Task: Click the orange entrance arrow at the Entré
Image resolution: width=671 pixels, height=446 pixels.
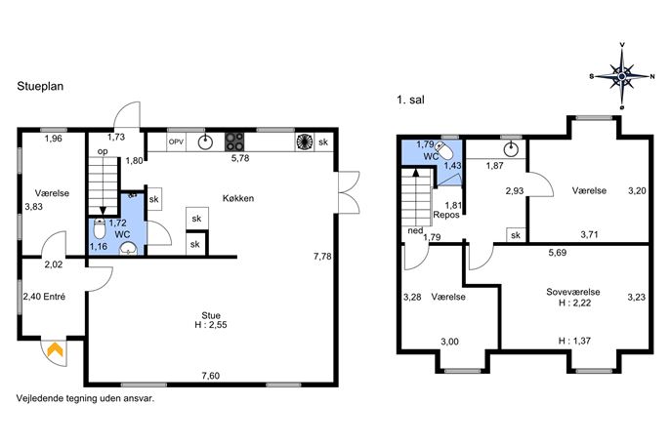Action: tap(56, 349)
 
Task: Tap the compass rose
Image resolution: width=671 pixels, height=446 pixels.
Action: tap(622, 76)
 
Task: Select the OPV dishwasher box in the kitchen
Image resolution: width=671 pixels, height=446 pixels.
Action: tap(176, 142)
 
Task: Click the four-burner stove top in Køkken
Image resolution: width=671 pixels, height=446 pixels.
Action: tap(234, 142)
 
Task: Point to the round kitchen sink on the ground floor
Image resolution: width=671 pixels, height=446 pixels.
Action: tap(206, 142)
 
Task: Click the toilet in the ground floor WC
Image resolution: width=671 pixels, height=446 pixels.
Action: tap(100, 229)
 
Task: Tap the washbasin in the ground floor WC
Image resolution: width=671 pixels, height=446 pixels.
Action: tap(128, 249)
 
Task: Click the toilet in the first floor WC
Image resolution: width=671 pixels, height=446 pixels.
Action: tap(444, 150)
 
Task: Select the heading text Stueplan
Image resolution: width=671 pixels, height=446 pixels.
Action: tap(40, 87)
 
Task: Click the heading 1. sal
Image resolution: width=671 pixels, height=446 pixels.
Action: tap(411, 101)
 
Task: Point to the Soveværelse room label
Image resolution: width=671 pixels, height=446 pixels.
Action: tap(573, 292)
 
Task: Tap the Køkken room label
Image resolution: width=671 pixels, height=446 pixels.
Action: tap(238, 198)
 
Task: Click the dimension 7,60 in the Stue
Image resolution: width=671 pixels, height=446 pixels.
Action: tap(211, 376)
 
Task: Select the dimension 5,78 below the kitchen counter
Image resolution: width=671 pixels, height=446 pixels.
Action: tap(240, 158)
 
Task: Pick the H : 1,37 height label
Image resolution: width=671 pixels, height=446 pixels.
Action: tap(574, 341)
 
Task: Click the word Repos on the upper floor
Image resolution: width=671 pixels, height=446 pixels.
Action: tap(446, 215)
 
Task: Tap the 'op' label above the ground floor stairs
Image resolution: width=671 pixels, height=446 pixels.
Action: tap(103, 151)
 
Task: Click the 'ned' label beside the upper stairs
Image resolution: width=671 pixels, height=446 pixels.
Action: tap(415, 231)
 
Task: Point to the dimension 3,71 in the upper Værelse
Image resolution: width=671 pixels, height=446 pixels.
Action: tap(589, 234)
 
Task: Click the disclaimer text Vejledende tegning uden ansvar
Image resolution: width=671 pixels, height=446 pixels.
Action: tap(85, 398)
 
